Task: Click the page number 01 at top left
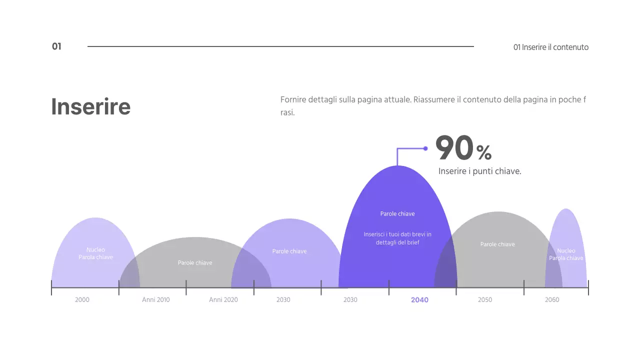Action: [56, 46]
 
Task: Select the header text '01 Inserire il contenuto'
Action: [550, 47]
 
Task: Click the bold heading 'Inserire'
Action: [90, 106]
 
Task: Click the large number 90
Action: [454, 148]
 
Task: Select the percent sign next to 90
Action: [484, 152]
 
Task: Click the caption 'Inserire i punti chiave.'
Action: [479, 171]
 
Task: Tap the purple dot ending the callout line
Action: [425, 148]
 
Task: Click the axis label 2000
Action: [82, 300]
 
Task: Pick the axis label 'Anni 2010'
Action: [155, 300]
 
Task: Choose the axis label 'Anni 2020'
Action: [223, 300]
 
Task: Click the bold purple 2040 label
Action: [419, 300]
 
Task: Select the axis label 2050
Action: [484, 300]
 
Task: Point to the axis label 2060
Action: [552, 300]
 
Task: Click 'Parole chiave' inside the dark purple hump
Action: [397, 214]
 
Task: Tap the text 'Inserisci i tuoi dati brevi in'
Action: [397, 234]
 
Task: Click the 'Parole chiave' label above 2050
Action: [497, 244]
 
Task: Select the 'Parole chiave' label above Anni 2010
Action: [195, 263]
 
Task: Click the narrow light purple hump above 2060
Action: [566, 230]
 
